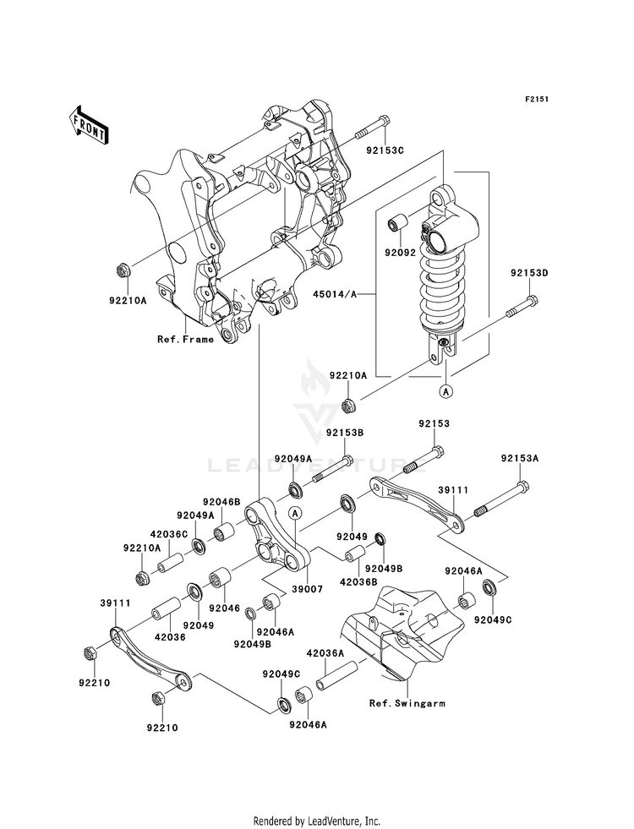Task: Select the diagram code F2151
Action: coord(537,99)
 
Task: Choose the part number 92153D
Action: coord(529,273)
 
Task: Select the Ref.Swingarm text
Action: coord(407,702)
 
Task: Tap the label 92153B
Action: coord(345,434)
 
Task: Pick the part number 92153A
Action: coord(519,459)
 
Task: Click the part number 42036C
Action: coord(169,533)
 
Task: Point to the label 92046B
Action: coord(221,502)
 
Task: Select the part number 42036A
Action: coord(324,653)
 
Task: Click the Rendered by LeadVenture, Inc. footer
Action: coord(317,821)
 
